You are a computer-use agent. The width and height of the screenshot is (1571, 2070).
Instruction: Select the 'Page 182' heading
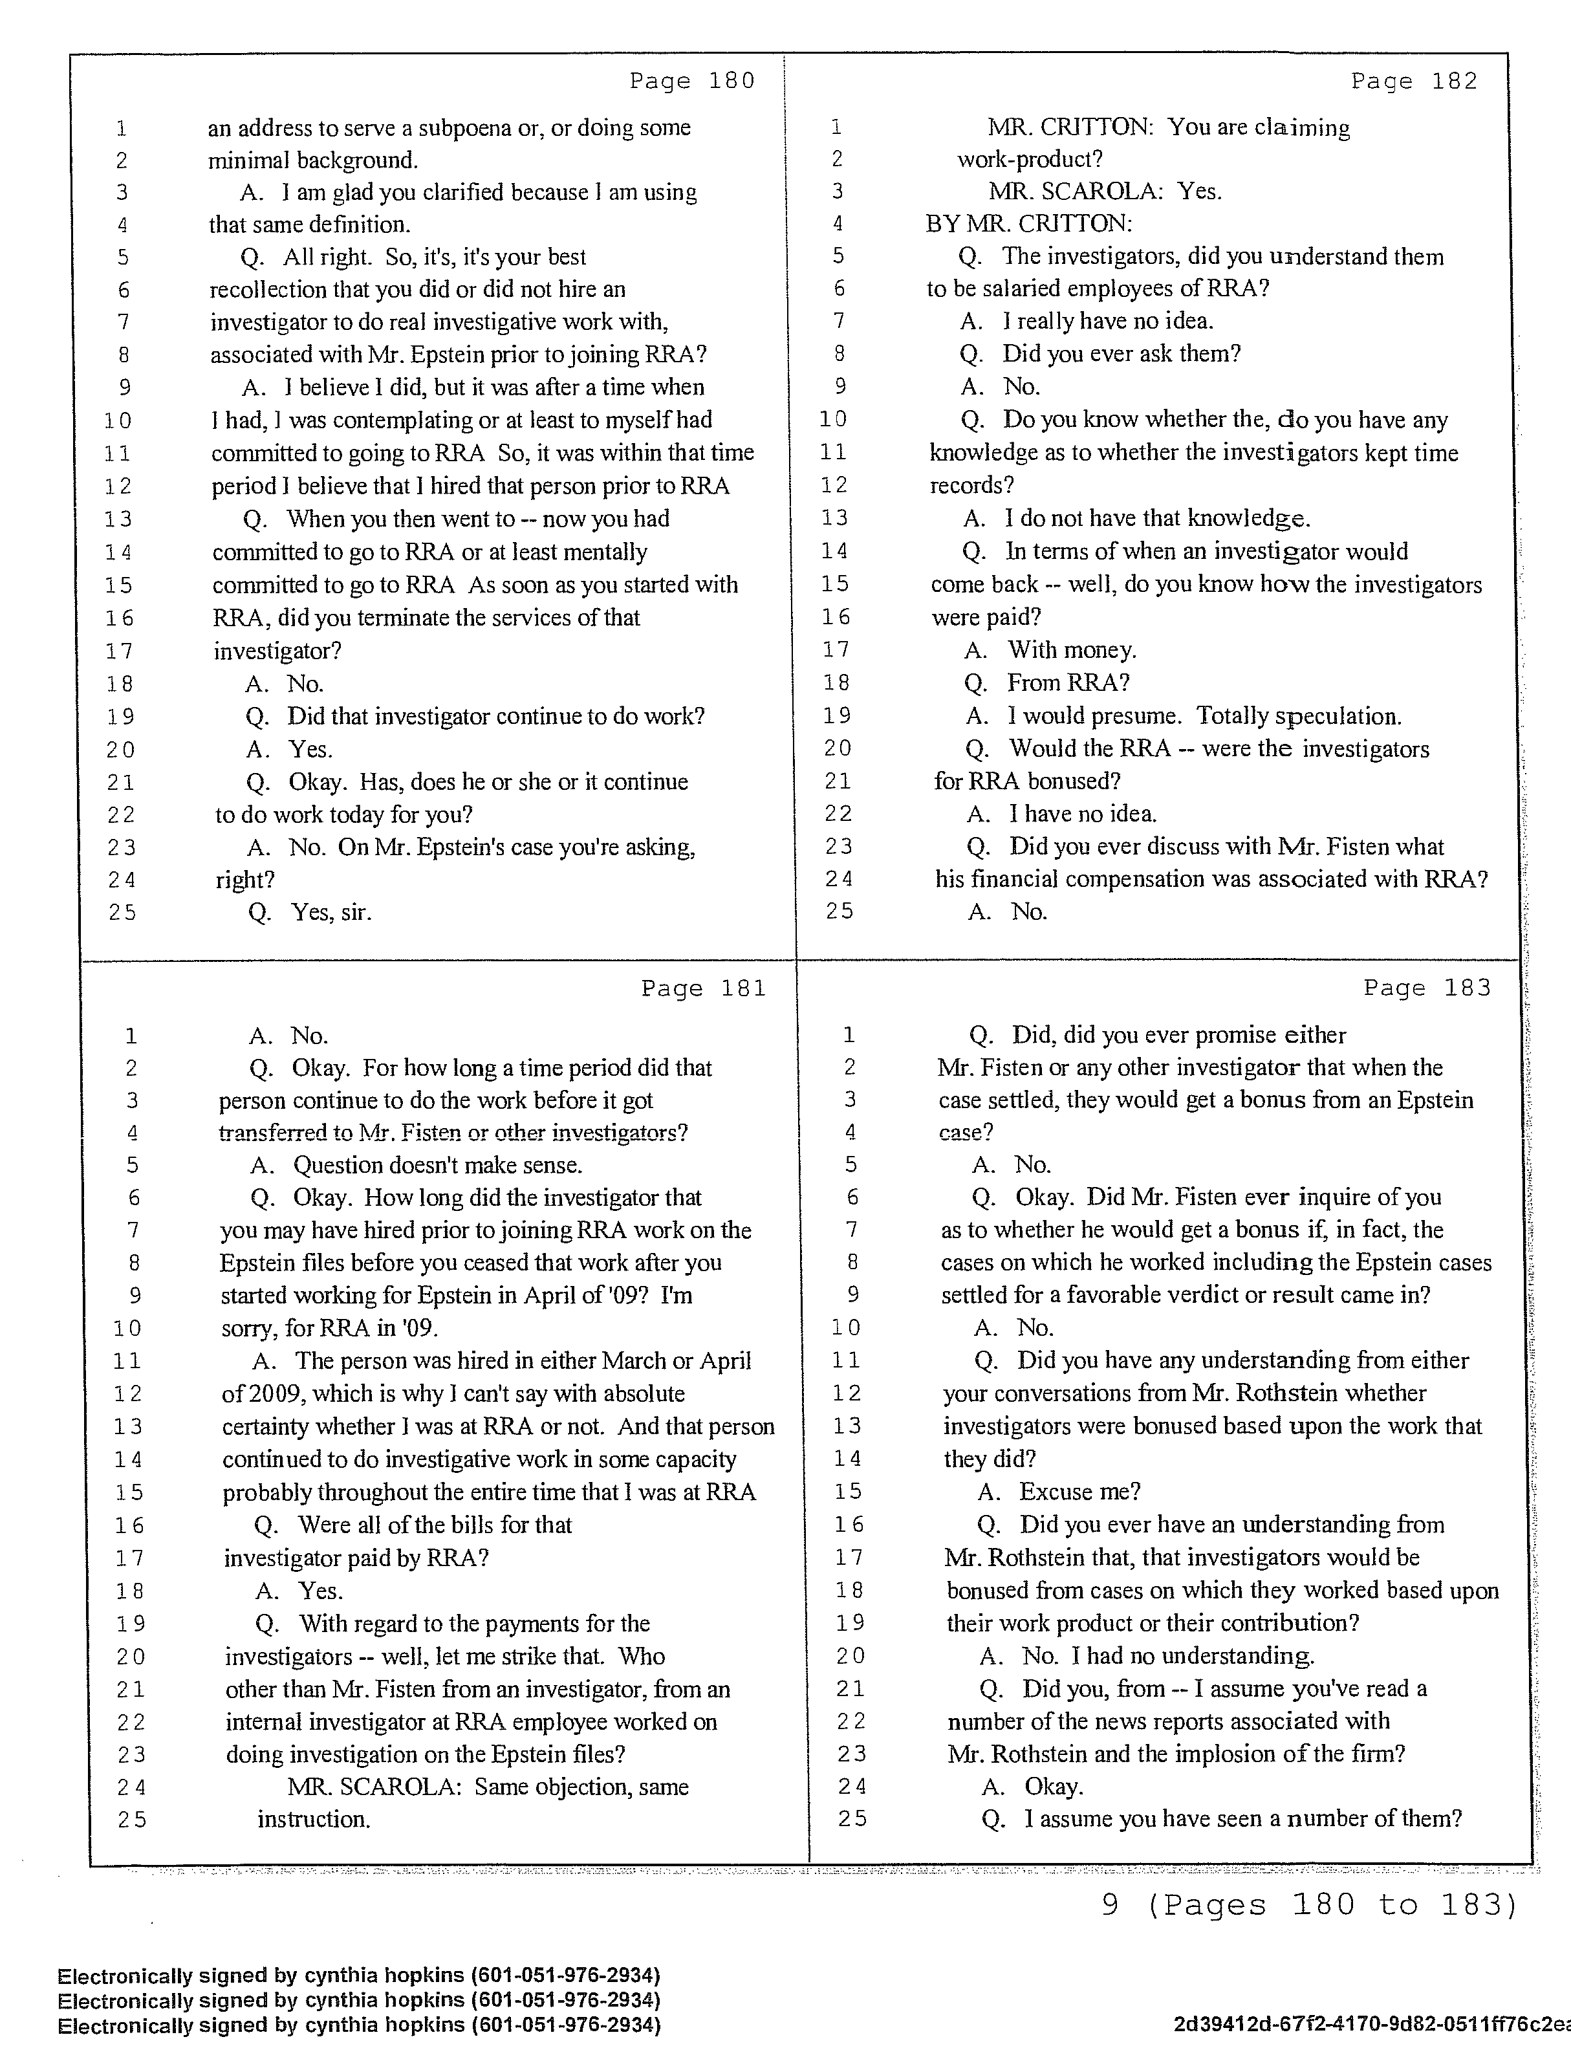click(1414, 82)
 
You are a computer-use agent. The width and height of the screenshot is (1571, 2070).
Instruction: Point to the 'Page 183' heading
click(1426, 988)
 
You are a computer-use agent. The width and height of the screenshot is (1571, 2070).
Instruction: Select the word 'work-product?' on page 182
click(1029, 159)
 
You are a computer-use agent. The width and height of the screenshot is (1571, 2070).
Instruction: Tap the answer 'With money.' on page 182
click(1071, 649)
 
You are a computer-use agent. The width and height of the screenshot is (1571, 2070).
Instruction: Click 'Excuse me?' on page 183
click(1079, 1492)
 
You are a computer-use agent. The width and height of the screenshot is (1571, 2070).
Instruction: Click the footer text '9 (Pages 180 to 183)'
click(1308, 1904)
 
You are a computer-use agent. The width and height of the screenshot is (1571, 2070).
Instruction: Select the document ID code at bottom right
click(1371, 2025)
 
